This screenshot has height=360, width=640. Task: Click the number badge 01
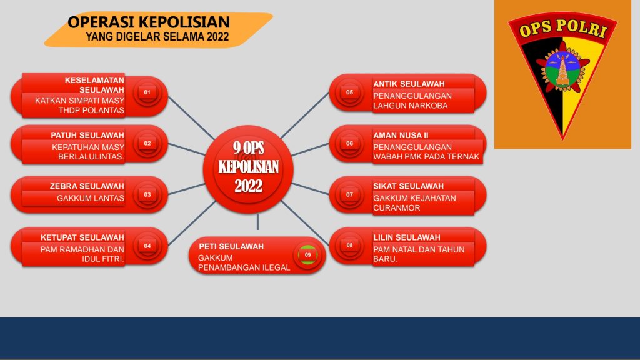pos(147,92)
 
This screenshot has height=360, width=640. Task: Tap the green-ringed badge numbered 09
pos(307,255)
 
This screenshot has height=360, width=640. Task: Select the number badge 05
pos(349,92)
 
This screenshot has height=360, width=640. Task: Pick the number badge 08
pos(349,245)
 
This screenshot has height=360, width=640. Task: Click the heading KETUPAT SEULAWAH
pos(82,237)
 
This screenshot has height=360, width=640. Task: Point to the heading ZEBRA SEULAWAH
pos(87,186)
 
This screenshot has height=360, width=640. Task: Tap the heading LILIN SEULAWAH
pos(406,237)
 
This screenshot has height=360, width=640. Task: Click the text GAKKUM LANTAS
pos(90,198)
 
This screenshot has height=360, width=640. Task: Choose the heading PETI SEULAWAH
pos(231,246)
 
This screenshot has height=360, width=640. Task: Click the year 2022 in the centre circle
pos(248,186)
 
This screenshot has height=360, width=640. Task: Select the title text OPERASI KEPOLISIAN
pos(149,22)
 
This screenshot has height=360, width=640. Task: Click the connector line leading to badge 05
pos(305,115)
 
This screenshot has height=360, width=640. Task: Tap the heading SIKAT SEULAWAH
pos(408,186)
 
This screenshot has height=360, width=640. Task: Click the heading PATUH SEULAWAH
pos(87,135)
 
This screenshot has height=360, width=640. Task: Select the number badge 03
pos(147,195)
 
